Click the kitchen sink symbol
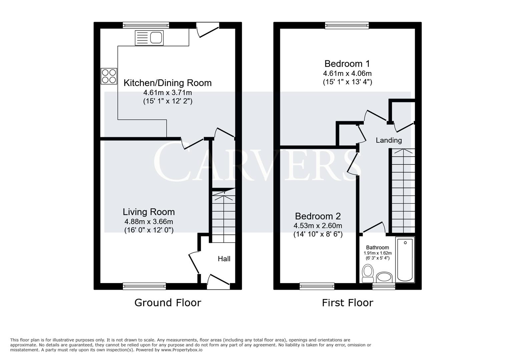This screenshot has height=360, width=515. click(x=149, y=38)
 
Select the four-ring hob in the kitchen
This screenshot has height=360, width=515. click(x=109, y=76)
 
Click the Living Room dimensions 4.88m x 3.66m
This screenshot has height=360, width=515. click(x=148, y=221)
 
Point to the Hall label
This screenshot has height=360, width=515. click(x=224, y=259)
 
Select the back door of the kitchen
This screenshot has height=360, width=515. click(x=207, y=30)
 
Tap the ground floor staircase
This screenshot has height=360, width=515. click(x=224, y=217)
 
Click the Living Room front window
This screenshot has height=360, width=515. click(x=144, y=286)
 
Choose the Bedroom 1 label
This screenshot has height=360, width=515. click(x=347, y=64)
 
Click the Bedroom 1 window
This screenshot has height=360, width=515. click(x=347, y=25)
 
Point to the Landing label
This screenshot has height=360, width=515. click(x=389, y=140)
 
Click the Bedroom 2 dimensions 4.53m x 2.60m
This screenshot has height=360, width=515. click(x=318, y=226)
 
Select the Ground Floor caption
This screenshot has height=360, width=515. click(x=167, y=303)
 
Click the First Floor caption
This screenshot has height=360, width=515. click(x=347, y=303)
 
